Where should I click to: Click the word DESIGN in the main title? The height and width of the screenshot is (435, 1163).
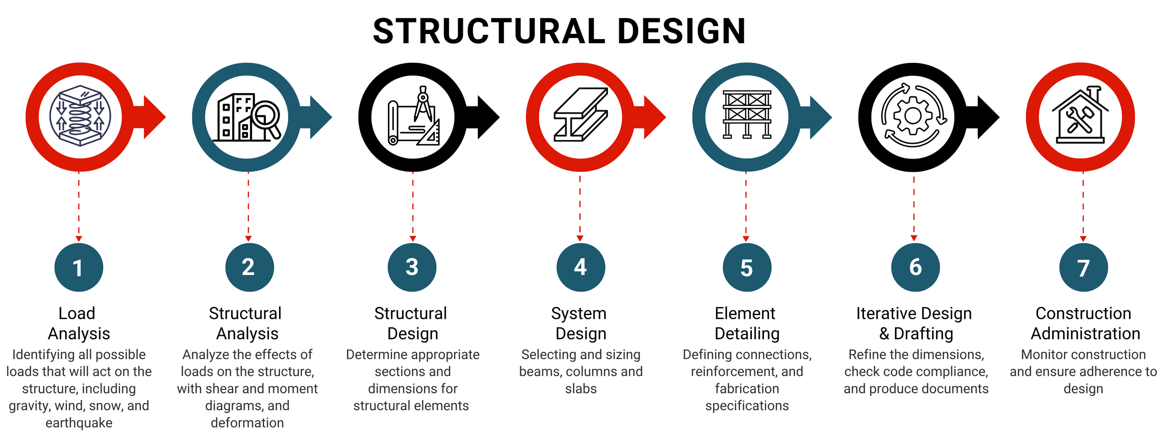[x=681, y=32]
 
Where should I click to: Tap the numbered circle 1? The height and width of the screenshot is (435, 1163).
[x=79, y=268]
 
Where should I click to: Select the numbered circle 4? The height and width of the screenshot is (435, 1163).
[x=581, y=267]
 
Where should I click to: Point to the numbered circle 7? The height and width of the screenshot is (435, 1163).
[x=1083, y=268]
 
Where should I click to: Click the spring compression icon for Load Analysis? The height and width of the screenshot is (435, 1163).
[x=80, y=116]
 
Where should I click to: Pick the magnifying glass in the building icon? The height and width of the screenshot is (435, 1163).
[x=266, y=116]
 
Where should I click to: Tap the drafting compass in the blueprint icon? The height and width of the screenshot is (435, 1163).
[x=423, y=103]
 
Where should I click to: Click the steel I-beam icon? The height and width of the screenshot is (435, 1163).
[x=581, y=114]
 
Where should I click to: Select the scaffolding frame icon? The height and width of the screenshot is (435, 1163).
[x=747, y=114]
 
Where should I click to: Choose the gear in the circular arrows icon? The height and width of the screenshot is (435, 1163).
[x=913, y=116]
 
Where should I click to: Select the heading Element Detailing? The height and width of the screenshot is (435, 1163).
[x=747, y=323]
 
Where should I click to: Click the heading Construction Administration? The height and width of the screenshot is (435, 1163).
[x=1084, y=323]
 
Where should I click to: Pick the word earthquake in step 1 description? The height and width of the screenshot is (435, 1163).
[x=79, y=423]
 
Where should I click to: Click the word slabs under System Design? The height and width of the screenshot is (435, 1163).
[x=581, y=389]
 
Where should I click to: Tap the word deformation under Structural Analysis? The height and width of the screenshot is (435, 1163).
[x=247, y=423]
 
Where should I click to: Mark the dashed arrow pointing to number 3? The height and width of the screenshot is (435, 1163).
[x=413, y=207]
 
